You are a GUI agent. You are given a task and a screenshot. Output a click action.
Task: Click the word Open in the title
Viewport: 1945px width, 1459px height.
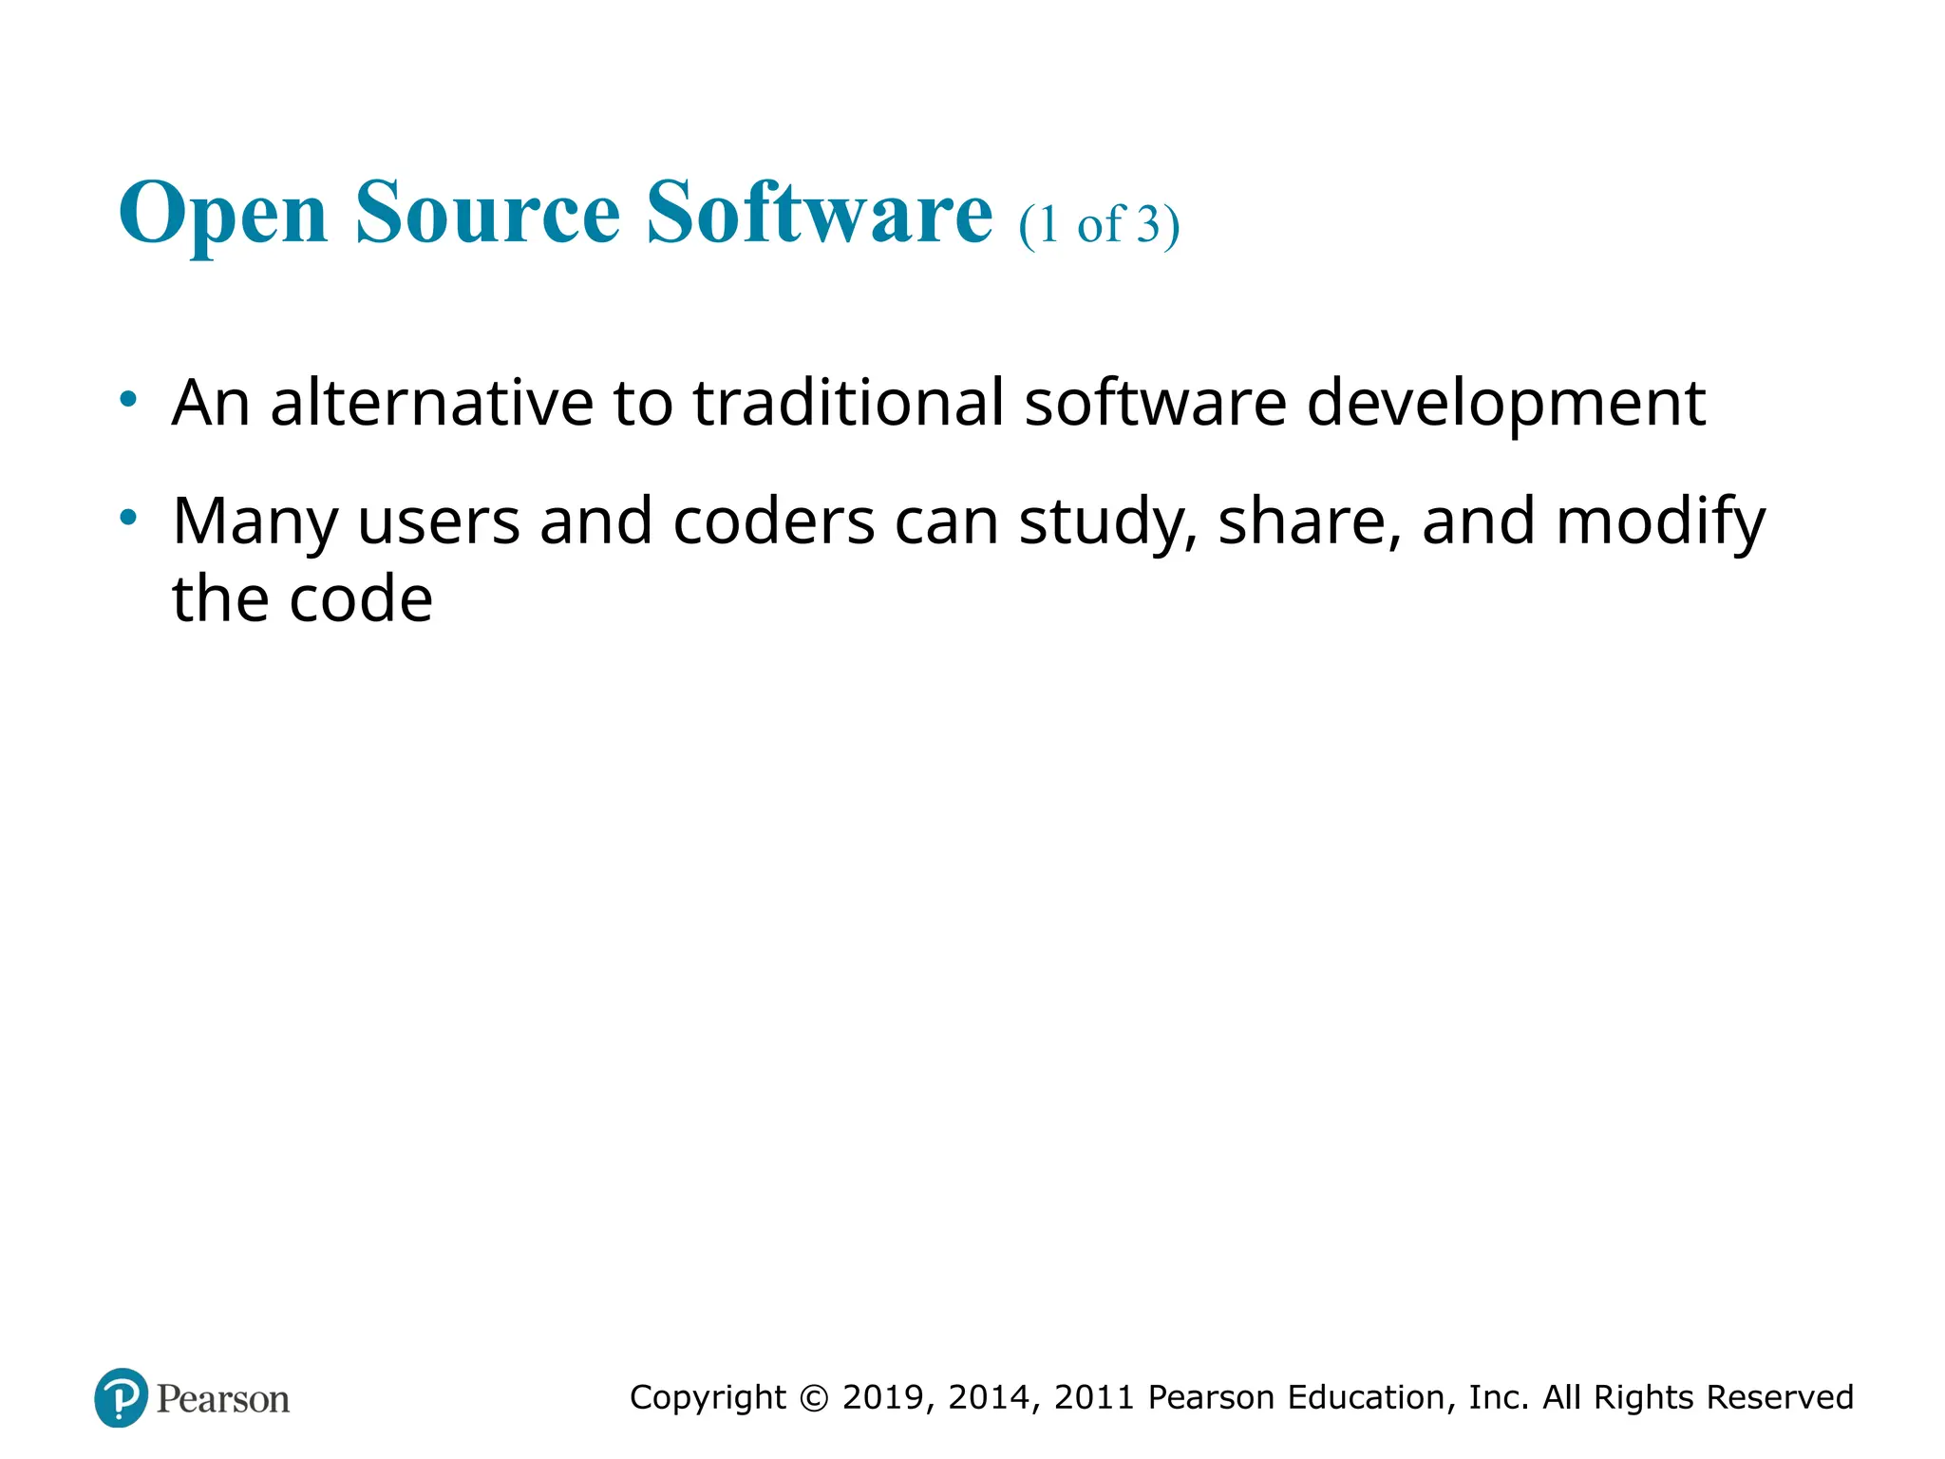click(x=223, y=214)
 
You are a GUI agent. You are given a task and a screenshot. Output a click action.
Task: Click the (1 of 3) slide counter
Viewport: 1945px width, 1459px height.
click(x=1099, y=226)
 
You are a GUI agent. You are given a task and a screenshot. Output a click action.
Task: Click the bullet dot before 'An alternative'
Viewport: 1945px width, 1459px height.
click(x=128, y=399)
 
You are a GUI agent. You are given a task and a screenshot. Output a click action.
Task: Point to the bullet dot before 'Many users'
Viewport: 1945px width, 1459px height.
click(x=128, y=518)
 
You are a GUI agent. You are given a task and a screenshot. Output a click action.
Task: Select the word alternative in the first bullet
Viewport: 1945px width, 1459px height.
click(x=431, y=403)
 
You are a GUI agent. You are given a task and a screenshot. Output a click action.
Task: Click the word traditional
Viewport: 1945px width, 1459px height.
click(x=848, y=403)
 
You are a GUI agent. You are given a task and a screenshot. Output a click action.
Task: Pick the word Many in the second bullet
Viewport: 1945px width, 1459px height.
click(x=255, y=522)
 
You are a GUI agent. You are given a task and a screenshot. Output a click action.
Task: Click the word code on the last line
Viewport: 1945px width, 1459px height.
click(x=360, y=599)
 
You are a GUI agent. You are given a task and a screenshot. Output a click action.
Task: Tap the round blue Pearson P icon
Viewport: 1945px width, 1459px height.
click(x=121, y=1397)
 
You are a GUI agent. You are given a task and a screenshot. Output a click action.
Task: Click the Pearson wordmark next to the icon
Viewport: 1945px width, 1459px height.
click(x=223, y=1399)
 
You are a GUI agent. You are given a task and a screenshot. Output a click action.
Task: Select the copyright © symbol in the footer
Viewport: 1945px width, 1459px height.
click(x=814, y=1397)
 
